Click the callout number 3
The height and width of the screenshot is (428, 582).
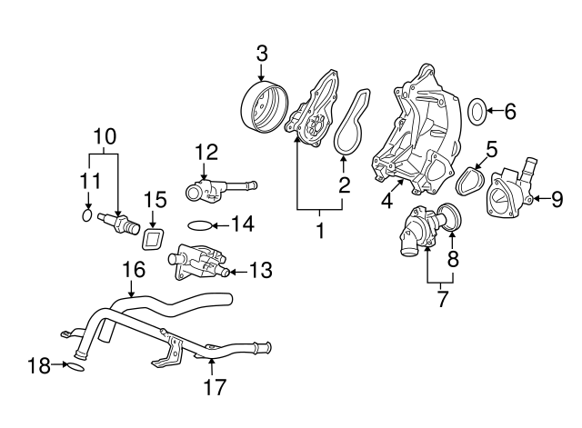[261, 53]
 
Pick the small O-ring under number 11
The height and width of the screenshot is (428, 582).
[87, 216]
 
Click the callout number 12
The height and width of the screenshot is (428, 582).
[206, 151]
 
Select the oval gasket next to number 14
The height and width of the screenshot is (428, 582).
[201, 224]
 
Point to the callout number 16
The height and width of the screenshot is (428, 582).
[134, 269]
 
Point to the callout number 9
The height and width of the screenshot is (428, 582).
[557, 196]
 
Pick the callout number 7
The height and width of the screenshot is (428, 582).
[442, 298]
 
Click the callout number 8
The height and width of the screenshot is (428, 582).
[453, 258]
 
